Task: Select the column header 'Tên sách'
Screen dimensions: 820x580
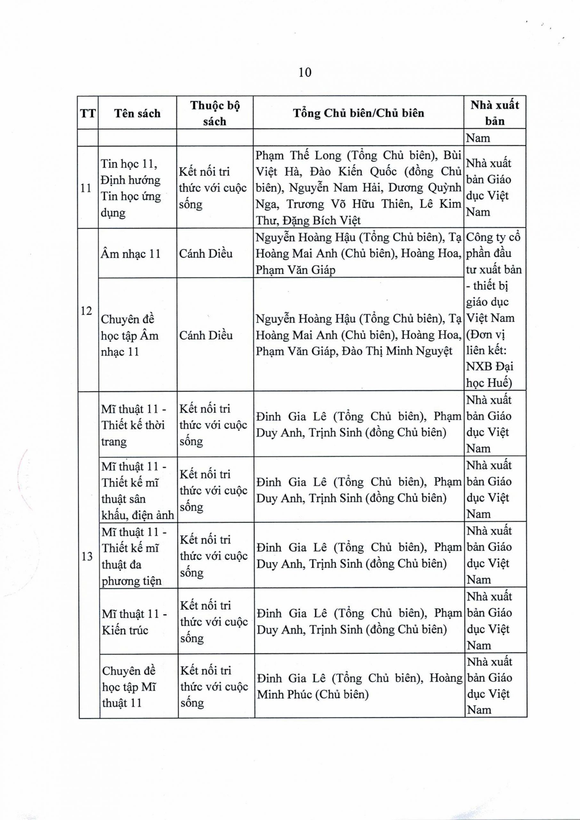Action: point(137,113)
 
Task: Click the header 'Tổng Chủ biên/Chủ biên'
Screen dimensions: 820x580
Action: point(358,113)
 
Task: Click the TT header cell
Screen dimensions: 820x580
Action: point(88,114)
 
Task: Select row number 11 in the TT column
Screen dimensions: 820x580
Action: point(86,188)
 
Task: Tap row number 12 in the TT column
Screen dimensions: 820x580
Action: point(86,310)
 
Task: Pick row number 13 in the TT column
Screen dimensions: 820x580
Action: point(87,556)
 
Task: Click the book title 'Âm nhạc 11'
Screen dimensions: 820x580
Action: point(131,254)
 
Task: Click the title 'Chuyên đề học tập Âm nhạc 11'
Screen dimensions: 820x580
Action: point(130,335)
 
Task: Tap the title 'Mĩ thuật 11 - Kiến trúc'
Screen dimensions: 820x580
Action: point(134,622)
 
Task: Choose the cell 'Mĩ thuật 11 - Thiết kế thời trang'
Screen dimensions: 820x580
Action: point(133,425)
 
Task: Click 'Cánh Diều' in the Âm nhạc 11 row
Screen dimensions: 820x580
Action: point(206,254)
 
